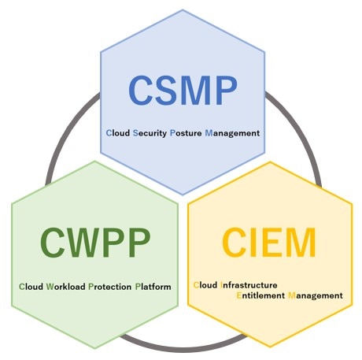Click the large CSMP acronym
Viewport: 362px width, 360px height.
pyautogui.click(x=183, y=91)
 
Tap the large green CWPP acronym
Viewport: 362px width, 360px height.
pyautogui.click(x=95, y=243)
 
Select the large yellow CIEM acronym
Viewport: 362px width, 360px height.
pyautogui.click(x=269, y=243)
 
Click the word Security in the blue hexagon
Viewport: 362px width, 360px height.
pyautogui.click(x=150, y=133)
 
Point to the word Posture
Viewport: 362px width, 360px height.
pyautogui.click(x=186, y=133)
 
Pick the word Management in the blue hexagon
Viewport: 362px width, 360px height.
pyautogui.click(x=232, y=133)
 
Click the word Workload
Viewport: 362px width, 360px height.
pyautogui.click(x=65, y=287)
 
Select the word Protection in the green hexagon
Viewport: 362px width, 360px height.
pyautogui.click(x=110, y=287)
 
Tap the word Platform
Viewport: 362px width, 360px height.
pyautogui.click(x=153, y=287)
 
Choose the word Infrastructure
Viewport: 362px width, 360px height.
pyautogui.click(x=249, y=285)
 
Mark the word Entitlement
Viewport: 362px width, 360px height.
pyautogui.click(x=260, y=295)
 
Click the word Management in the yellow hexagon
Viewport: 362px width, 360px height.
pyautogui.click(x=316, y=296)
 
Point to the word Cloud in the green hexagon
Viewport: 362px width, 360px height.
pyautogui.click(x=31, y=287)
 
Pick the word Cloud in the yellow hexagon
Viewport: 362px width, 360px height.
pyautogui.click(x=205, y=285)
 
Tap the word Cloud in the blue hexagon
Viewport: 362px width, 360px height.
pyautogui.click(x=118, y=133)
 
